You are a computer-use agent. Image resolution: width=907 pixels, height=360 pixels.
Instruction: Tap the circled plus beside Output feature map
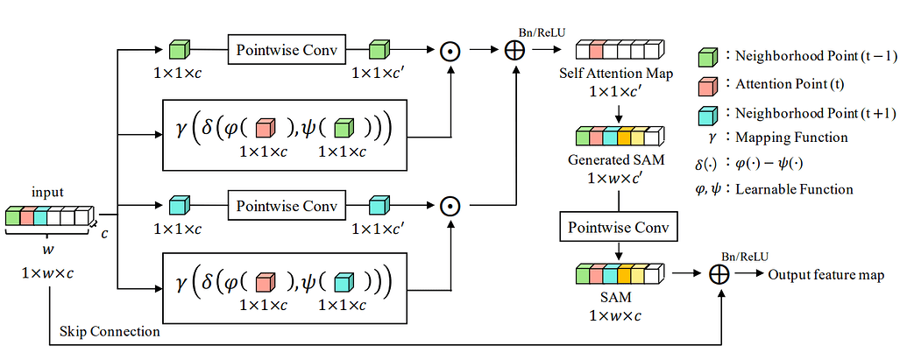(719, 274)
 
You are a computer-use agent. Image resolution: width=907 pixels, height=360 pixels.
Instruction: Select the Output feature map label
(826, 275)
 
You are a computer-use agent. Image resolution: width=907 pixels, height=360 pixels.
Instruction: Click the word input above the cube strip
(47, 194)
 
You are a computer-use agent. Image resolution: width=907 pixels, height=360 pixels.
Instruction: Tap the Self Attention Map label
(616, 74)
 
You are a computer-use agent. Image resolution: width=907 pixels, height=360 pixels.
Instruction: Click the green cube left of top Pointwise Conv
(178, 49)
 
